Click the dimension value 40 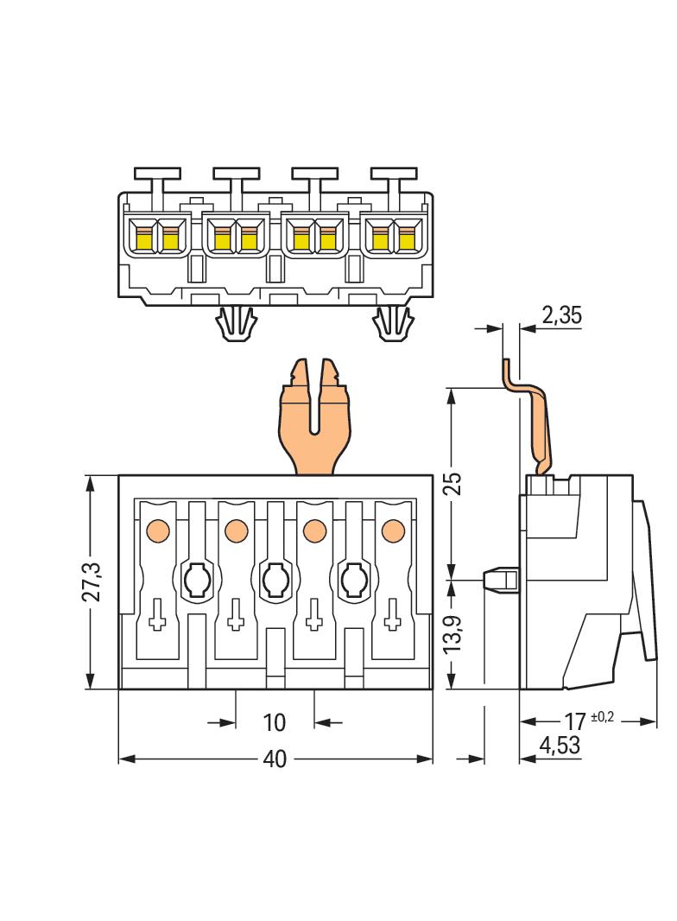[x=275, y=759]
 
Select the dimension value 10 [x=275, y=721]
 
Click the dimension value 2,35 [x=561, y=315]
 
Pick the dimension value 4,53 [x=560, y=744]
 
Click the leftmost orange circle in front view [x=157, y=530]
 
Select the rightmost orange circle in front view [x=393, y=530]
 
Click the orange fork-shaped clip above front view [x=314, y=419]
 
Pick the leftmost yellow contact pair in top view [x=157, y=235]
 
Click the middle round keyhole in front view [x=275, y=578]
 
